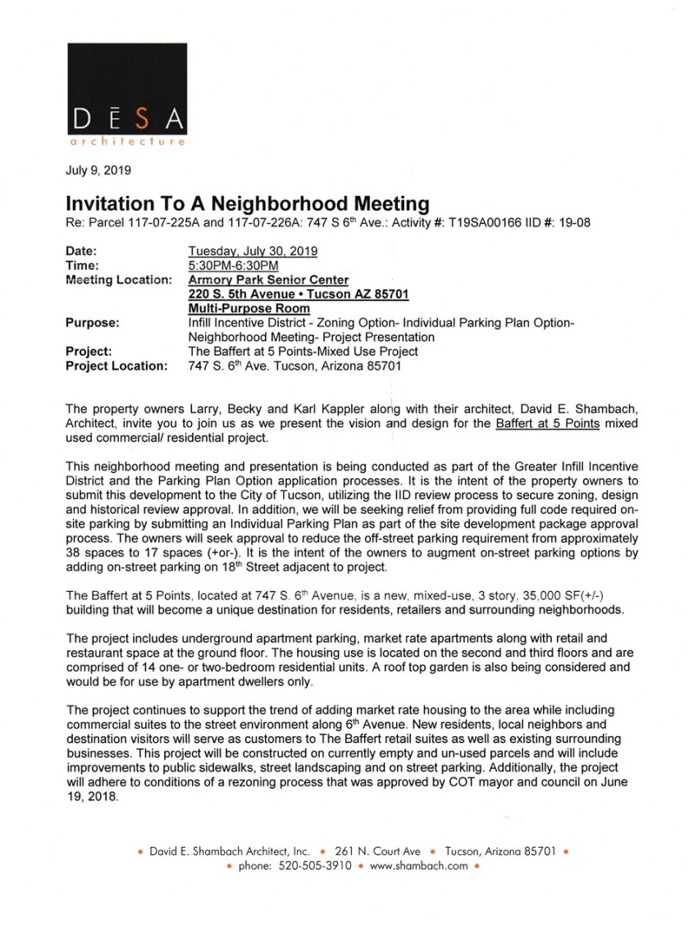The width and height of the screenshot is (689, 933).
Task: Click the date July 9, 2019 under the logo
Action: click(98, 171)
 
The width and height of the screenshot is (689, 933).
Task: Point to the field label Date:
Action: click(81, 250)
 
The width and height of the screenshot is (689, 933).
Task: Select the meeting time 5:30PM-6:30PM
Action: click(234, 265)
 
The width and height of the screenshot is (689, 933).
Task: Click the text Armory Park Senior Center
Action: click(268, 280)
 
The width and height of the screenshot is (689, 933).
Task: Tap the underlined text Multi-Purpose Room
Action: click(249, 308)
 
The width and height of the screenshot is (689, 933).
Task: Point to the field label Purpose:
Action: click(92, 323)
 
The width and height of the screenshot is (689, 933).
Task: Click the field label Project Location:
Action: click(116, 366)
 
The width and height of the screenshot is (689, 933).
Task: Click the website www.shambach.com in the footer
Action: click(418, 865)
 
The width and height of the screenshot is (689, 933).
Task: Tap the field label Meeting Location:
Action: click(117, 280)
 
